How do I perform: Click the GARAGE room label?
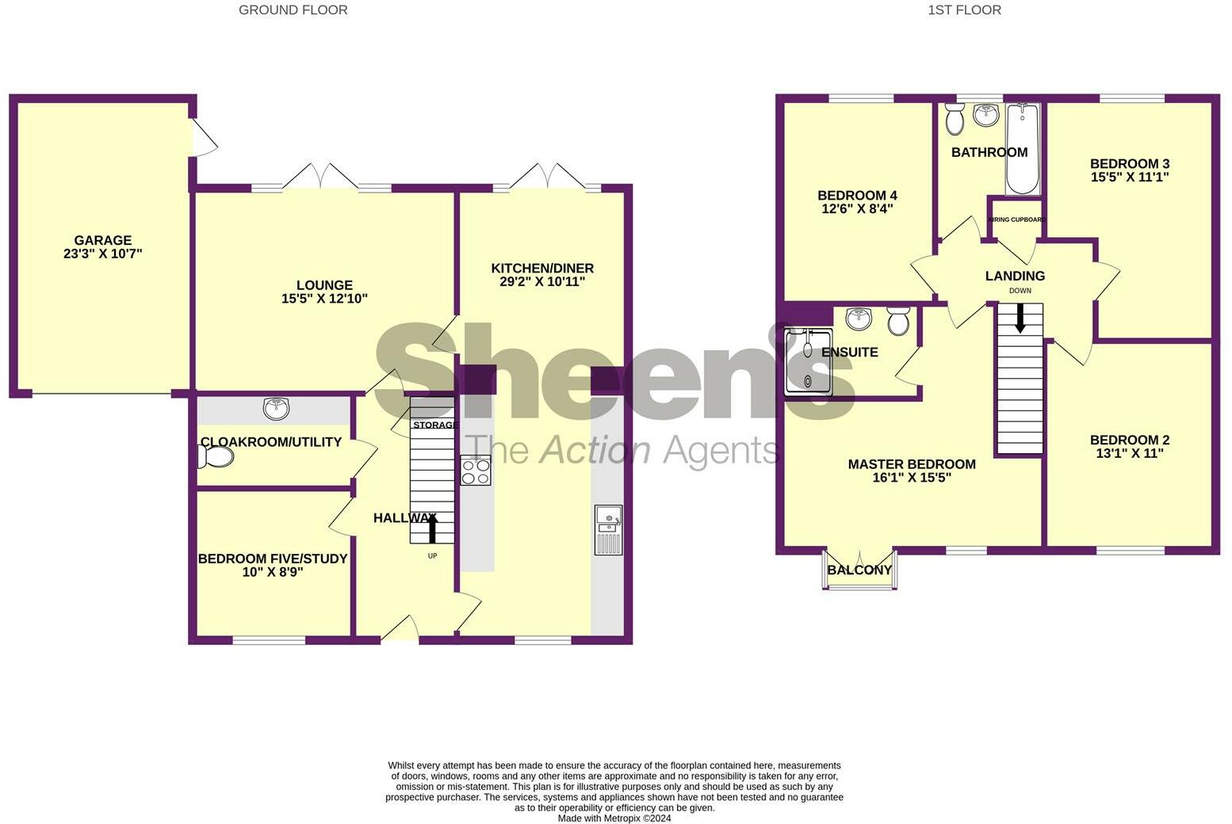pyautogui.click(x=102, y=240)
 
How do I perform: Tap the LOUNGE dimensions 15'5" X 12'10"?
pyautogui.click(x=324, y=299)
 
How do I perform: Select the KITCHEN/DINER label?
pyautogui.click(x=541, y=268)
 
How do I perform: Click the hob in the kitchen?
pyautogui.click(x=476, y=471)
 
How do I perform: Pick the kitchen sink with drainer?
pyautogui.click(x=608, y=529)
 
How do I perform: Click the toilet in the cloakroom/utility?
pyautogui.click(x=215, y=456)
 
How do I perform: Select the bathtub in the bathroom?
pyautogui.click(x=1022, y=149)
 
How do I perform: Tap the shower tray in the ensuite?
pyautogui.click(x=808, y=362)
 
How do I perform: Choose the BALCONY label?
pyautogui.click(x=859, y=570)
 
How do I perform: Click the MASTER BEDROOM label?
pyautogui.click(x=911, y=463)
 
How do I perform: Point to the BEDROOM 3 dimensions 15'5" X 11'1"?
pyautogui.click(x=1130, y=177)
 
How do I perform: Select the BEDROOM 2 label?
pyautogui.click(x=1130, y=440)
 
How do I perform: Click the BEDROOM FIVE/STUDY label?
pyautogui.click(x=273, y=559)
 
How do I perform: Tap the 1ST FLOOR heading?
pyautogui.click(x=964, y=10)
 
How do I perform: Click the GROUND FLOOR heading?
pyautogui.click(x=293, y=10)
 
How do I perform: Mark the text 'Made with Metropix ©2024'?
pyautogui.click(x=614, y=818)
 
